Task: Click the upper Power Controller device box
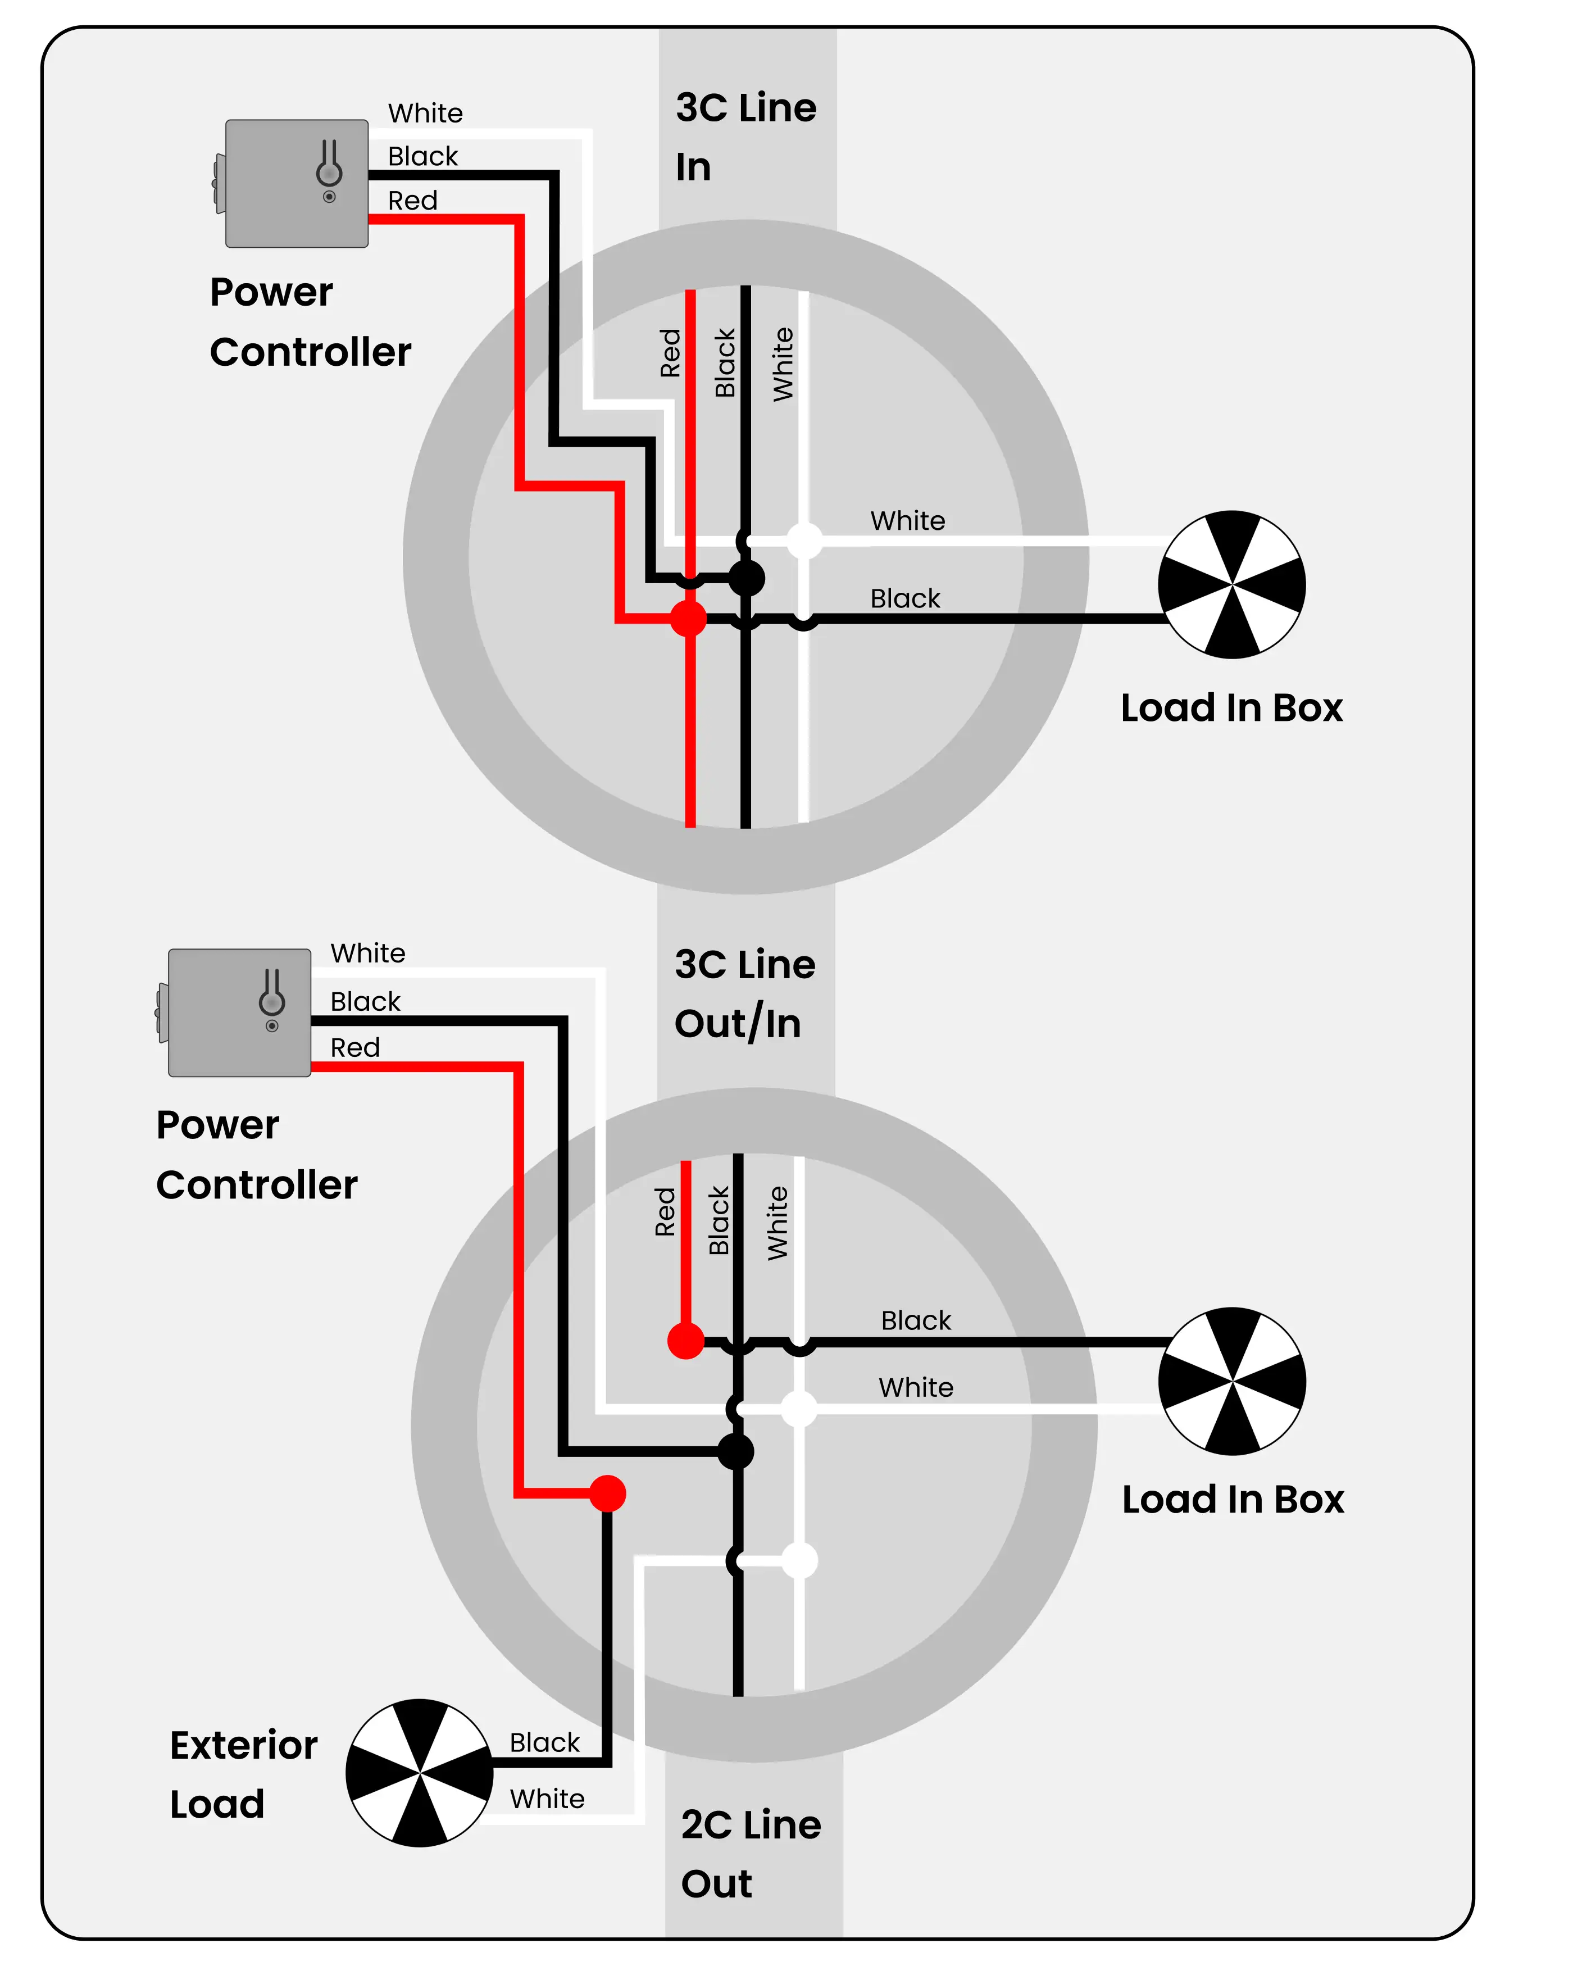tap(297, 183)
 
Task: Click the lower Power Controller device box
tap(239, 1012)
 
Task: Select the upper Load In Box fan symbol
tap(1231, 584)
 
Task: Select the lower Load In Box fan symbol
tap(1231, 1381)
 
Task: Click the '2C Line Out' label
tap(751, 1853)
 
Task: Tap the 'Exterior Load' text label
tap(243, 1774)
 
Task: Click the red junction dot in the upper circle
tap(689, 618)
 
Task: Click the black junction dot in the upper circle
tap(747, 577)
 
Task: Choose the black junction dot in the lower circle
tap(736, 1451)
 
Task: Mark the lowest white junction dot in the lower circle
tap(800, 1560)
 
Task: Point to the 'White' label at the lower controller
tap(367, 953)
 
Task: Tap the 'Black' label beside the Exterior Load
tap(544, 1742)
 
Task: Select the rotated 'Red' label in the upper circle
tap(670, 353)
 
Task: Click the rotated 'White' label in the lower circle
tap(777, 1223)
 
